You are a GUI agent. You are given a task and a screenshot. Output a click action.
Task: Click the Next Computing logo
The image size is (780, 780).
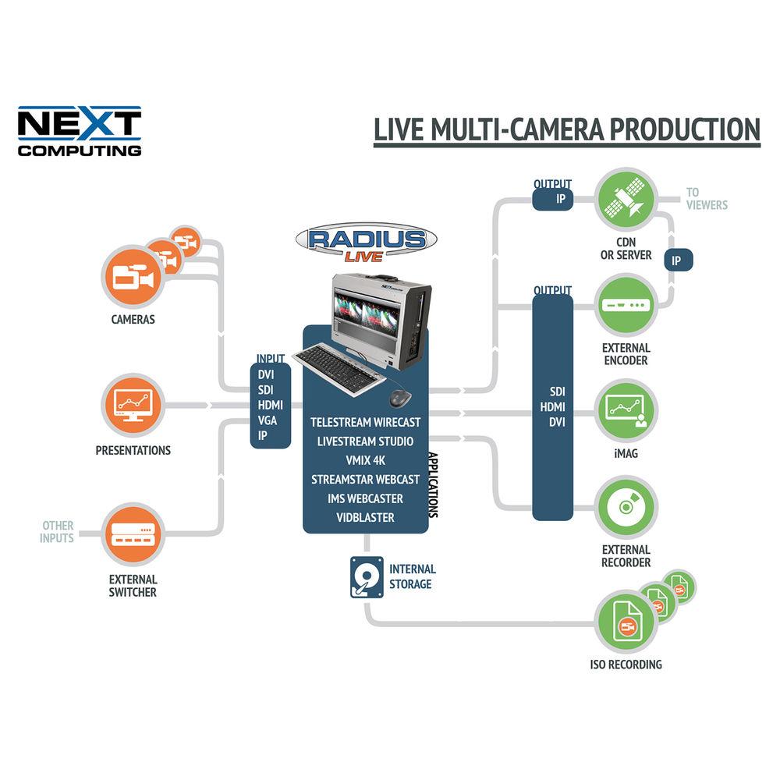80,131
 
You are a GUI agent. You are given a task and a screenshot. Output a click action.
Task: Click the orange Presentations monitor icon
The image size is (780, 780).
131,406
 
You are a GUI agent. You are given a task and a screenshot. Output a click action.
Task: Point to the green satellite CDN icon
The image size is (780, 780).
626,201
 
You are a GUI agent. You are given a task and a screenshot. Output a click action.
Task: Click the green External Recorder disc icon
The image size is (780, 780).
626,508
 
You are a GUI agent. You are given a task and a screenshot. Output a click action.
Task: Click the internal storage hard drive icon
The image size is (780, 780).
367,576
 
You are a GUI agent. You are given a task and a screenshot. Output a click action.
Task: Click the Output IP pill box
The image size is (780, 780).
553,199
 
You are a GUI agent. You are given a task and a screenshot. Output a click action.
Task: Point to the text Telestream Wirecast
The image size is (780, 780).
365,422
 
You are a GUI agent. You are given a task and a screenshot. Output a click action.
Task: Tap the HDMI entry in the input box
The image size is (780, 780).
270,405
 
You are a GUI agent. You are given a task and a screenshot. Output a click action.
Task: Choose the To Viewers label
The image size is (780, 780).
706,198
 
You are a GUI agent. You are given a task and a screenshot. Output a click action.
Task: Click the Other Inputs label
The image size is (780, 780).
58,532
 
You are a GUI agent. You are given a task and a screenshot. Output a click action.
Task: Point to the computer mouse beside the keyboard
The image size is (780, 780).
401,398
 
